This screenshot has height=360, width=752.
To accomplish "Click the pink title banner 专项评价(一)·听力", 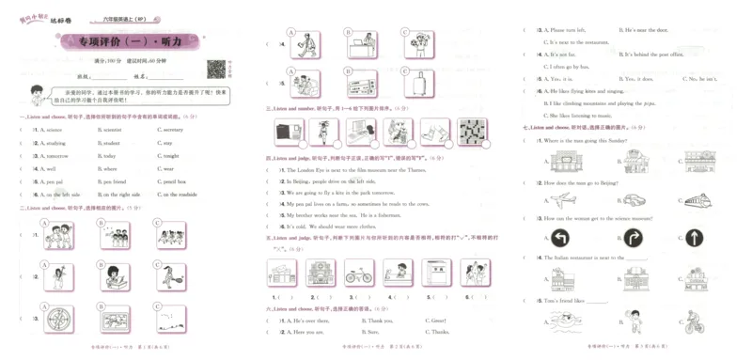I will coord(133,42).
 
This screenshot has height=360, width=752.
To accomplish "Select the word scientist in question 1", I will coord(112,130).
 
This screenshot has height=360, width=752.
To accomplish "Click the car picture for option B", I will coord(632,199).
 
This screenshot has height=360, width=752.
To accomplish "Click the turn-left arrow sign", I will coord(562,238).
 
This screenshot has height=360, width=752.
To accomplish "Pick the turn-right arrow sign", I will coord(630,238).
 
